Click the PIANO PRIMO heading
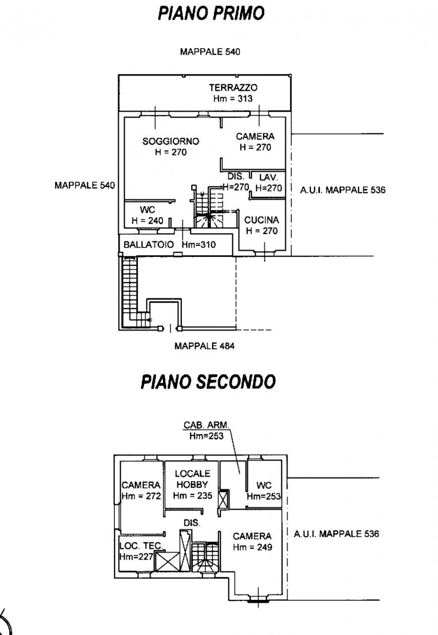[211, 13]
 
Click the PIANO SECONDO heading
[208, 382]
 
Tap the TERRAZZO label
[233, 88]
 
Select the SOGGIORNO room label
[170, 141]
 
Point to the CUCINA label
[262, 220]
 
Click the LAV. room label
[269, 177]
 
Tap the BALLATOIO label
[149, 245]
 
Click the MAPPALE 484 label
[204, 346]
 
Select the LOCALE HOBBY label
[193, 479]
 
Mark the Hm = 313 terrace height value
[233, 98]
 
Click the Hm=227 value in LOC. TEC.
[136, 556]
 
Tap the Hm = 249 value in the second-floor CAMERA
[252, 547]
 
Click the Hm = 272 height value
[141, 496]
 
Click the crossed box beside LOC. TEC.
[166, 562]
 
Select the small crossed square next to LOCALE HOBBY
[223, 499]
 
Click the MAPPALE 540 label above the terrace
[210, 52]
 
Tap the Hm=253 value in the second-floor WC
[264, 496]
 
